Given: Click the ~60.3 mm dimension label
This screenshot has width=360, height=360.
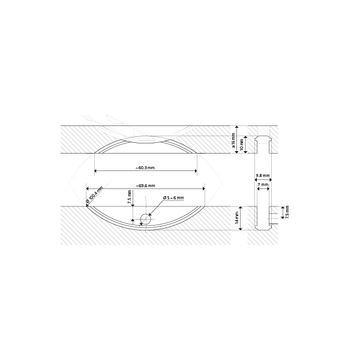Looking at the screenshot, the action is click(145, 168).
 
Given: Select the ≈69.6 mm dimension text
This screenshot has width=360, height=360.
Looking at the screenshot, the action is click(145, 186).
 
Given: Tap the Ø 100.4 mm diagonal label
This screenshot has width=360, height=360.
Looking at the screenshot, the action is click(94, 194).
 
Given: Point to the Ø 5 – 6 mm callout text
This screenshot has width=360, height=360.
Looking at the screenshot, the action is click(173, 197).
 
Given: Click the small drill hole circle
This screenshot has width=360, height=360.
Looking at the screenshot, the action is click(146, 219).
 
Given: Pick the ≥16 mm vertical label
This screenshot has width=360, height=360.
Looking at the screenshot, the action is click(233, 140).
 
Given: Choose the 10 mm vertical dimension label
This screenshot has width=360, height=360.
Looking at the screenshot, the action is click(242, 145).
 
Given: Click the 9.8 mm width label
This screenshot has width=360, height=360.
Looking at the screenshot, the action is click(263, 176).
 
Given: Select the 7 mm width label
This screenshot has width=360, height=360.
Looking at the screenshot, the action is click(263, 185).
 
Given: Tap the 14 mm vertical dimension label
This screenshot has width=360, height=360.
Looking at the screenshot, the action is click(237, 218).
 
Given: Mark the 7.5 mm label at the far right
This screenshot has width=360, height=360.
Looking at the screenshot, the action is click(287, 212).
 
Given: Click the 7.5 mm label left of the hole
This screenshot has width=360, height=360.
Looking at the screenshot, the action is click(130, 197).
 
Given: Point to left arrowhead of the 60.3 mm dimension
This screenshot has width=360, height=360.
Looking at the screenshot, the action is click(96, 171).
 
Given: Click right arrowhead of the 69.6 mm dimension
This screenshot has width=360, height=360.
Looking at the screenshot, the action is click(203, 189).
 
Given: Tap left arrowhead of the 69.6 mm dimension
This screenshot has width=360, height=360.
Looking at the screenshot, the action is click(88, 189).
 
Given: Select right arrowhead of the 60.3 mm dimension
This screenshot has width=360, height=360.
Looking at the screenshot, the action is click(196, 171).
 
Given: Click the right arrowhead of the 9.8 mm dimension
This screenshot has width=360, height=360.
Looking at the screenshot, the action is click(270, 179).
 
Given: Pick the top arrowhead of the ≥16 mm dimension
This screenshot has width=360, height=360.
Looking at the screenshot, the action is click(237, 127).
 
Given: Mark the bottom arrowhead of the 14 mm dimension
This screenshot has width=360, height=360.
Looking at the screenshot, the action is click(241, 228).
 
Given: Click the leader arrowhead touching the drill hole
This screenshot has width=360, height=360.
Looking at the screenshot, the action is click(150, 214).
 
